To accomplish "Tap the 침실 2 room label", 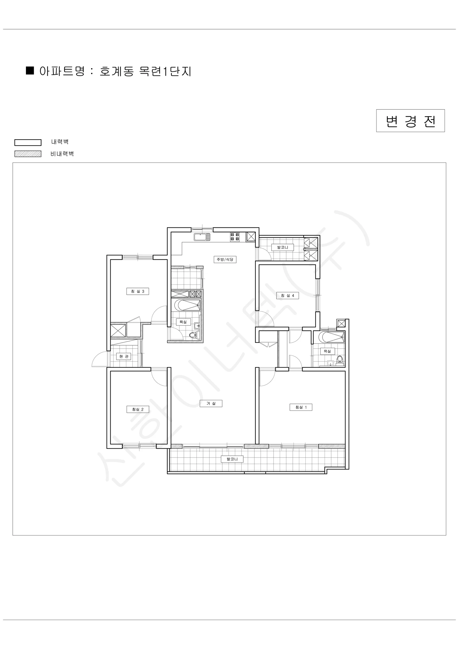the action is [x=138, y=409].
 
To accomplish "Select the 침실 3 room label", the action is [x=138, y=292].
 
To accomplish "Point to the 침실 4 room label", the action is [x=287, y=296].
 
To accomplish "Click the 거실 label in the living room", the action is [x=211, y=403].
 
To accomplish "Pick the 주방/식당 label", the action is [x=225, y=260].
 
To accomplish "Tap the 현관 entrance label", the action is [x=124, y=356].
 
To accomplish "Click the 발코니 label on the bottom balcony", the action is [x=232, y=459].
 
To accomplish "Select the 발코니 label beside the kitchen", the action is [x=283, y=247].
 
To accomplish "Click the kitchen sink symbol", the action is [x=202, y=237].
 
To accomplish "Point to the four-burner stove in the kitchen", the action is [x=235, y=237].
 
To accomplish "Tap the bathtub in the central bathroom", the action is [x=187, y=305].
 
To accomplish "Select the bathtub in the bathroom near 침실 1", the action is [x=331, y=337].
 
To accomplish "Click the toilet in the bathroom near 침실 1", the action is [x=340, y=359].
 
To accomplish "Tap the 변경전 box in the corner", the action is [x=410, y=121].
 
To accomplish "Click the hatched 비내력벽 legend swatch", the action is [x=28, y=154].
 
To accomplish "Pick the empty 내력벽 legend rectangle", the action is [x=28, y=143].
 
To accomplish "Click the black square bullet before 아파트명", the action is [x=30, y=71].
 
